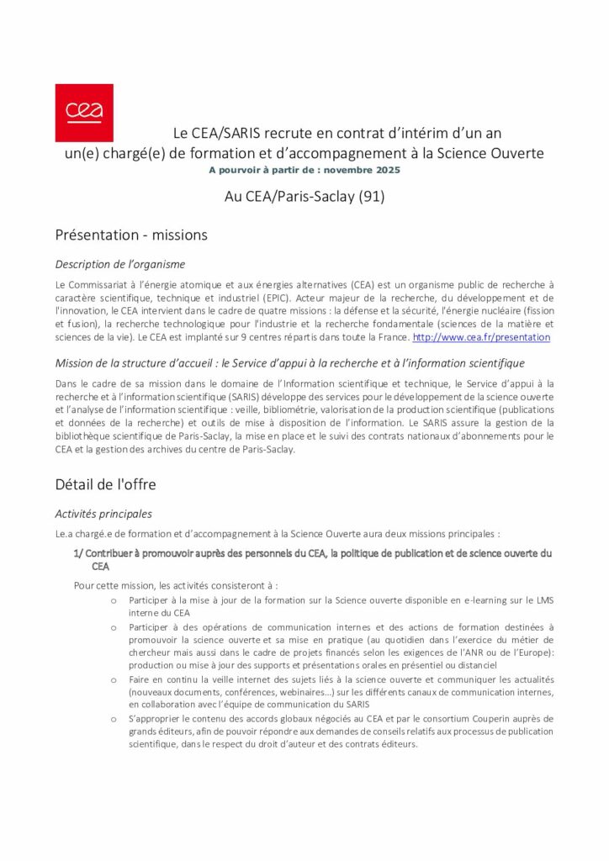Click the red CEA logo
(x=84, y=113)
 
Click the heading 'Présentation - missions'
(x=131, y=235)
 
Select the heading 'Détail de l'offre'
(x=105, y=484)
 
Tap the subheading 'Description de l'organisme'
(x=120, y=264)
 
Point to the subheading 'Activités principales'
(x=103, y=514)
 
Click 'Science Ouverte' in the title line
(x=496, y=154)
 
